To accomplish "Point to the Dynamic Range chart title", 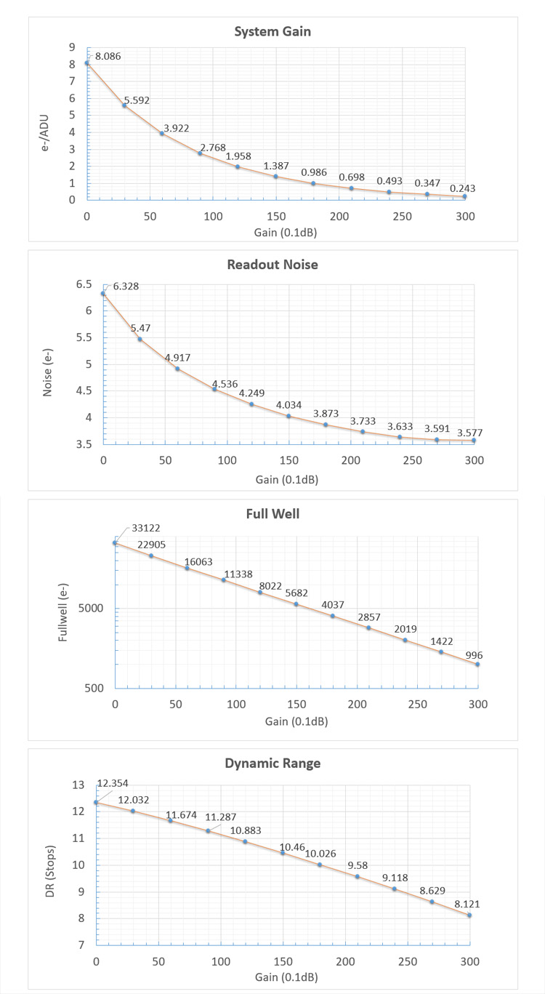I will point(284,763).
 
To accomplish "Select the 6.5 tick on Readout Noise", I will point(84,284).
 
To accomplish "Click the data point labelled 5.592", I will point(124,105).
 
